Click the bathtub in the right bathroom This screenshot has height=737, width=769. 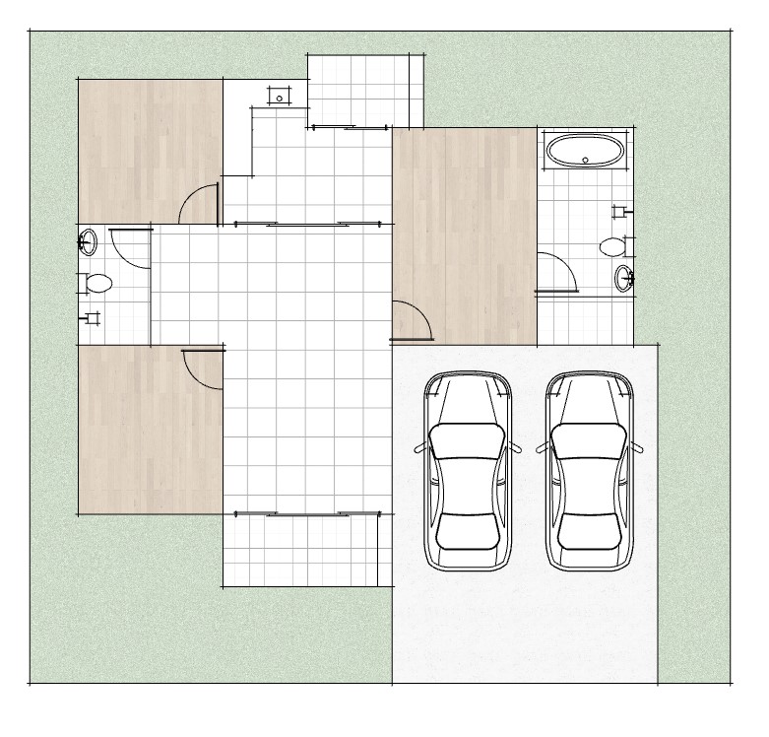(x=584, y=151)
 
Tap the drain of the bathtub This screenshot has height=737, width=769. (x=586, y=160)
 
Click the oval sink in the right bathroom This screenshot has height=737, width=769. (x=624, y=279)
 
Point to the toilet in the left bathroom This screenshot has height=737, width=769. (x=96, y=284)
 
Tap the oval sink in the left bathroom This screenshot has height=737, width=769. (x=89, y=240)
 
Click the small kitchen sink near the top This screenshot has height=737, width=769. (x=280, y=97)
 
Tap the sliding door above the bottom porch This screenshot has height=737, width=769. (x=306, y=513)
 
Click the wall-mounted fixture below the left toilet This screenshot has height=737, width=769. (x=92, y=317)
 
